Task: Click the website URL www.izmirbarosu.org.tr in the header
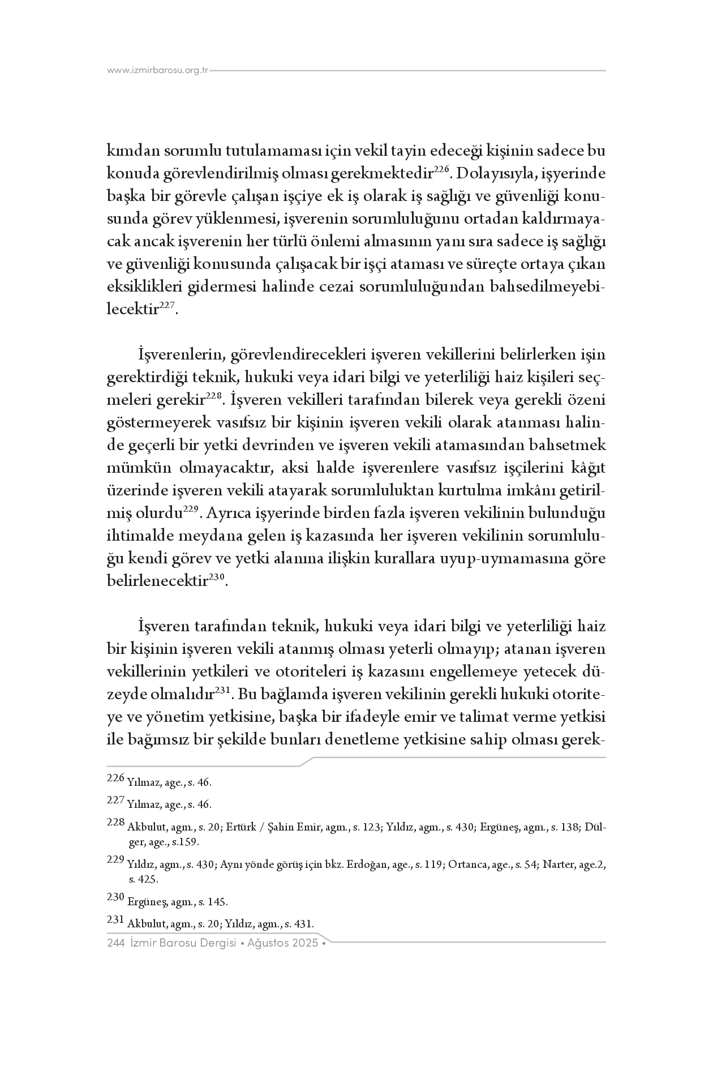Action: click(158, 71)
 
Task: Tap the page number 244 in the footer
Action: click(115, 944)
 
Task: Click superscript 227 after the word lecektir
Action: click(167, 305)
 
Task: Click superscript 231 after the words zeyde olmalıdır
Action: click(221, 691)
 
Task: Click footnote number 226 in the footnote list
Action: click(115, 778)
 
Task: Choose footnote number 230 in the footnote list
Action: click(115, 897)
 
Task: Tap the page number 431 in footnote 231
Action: click(302, 924)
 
